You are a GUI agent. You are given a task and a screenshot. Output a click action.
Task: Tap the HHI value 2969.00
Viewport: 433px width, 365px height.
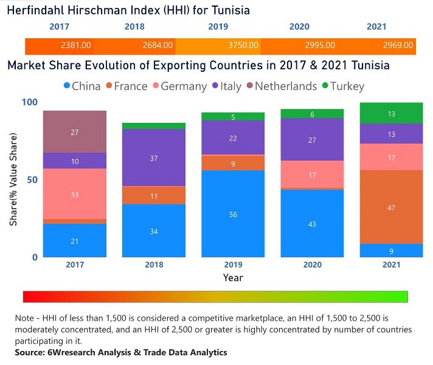pyautogui.click(x=398, y=46)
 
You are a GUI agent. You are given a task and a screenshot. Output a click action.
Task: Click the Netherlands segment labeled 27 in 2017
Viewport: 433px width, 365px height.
pyautogui.click(x=75, y=132)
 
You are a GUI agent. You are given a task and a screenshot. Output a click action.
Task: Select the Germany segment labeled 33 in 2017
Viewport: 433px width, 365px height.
pyautogui.click(x=75, y=195)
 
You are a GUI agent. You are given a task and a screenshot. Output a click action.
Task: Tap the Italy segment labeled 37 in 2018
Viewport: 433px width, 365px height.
pyautogui.click(x=154, y=158)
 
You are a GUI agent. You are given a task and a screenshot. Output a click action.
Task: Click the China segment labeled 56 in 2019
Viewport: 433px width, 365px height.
pyautogui.click(x=233, y=214)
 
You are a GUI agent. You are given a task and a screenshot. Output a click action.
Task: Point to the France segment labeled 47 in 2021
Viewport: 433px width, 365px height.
pyautogui.click(x=391, y=208)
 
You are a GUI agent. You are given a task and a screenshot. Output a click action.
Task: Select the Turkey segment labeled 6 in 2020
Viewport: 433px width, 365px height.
pyautogui.click(x=312, y=114)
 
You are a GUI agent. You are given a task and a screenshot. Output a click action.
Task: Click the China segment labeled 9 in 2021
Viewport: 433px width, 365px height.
pyautogui.click(x=391, y=251)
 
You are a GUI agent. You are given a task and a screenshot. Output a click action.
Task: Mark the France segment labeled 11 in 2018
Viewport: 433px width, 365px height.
pyautogui.click(x=154, y=196)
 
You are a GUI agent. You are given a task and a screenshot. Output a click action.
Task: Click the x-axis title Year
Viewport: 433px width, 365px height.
pyautogui.click(x=232, y=277)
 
